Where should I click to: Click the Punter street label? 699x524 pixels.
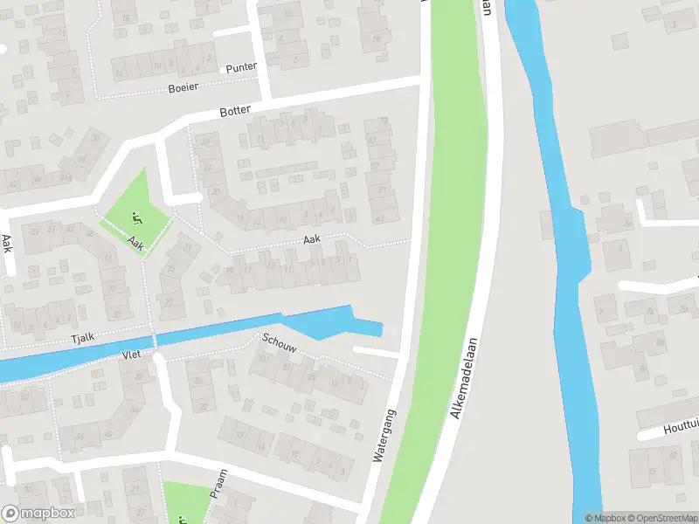pyautogui.click(x=239, y=68)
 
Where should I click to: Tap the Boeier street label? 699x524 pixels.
pyautogui.click(x=183, y=88)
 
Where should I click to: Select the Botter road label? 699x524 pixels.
pyautogui.click(x=236, y=111)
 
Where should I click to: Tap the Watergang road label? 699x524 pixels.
pyautogui.click(x=384, y=435)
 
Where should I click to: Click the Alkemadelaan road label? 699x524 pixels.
pyautogui.click(x=467, y=377)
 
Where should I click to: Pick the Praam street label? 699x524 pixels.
pyautogui.click(x=218, y=483)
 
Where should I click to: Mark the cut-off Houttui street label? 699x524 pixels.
pyautogui.click(x=679, y=429)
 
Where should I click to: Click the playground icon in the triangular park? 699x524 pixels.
pyautogui.click(x=135, y=217)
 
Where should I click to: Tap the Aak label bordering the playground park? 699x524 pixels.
pyautogui.click(x=135, y=242)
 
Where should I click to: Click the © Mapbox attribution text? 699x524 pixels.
pyautogui.click(x=602, y=518)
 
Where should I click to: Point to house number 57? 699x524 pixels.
pyautogui.click(x=378, y=165)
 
